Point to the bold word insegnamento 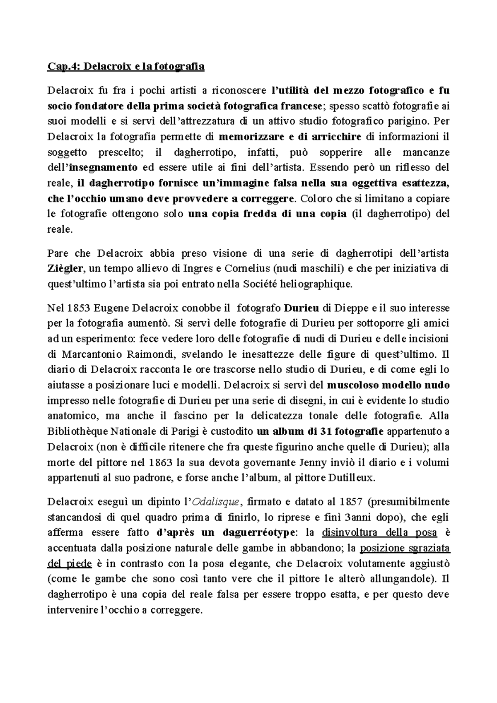pyautogui.click(x=103, y=168)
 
